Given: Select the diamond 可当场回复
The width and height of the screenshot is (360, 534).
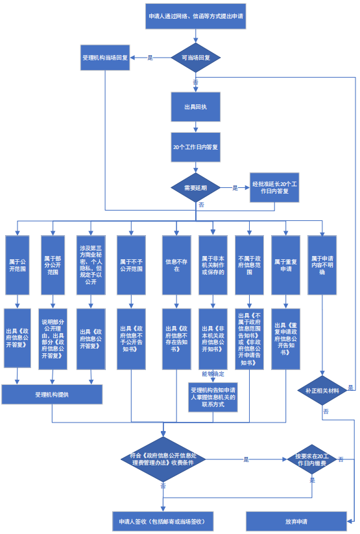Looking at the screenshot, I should (195, 58).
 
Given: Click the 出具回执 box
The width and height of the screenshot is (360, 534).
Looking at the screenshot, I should (195, 106).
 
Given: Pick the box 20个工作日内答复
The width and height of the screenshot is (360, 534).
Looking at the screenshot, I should (195, 147).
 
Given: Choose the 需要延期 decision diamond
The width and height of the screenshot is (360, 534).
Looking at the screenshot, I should (195, 188).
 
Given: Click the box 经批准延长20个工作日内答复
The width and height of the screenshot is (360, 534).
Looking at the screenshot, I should (274, 188).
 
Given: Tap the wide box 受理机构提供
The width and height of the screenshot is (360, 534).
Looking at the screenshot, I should (52, 394).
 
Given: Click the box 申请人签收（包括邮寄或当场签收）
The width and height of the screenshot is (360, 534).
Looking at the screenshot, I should (163, 521).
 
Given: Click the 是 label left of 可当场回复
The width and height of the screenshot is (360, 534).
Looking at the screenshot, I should (150, 58).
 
